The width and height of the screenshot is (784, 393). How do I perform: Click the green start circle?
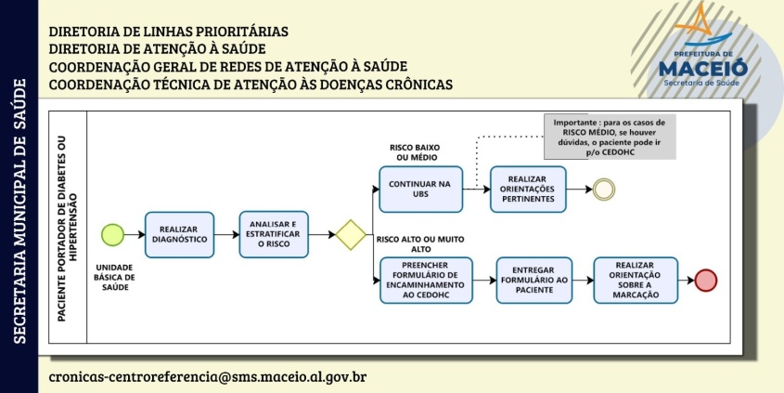112,235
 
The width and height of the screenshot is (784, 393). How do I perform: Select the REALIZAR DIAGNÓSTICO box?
179,235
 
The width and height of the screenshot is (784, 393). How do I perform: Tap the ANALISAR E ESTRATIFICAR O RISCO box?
274,234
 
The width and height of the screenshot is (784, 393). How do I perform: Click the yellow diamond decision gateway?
351,235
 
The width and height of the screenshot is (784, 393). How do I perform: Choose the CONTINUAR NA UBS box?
421,190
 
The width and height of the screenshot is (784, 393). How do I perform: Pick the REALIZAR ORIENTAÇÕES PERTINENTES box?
528,190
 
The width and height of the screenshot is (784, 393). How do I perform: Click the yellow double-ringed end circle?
604,190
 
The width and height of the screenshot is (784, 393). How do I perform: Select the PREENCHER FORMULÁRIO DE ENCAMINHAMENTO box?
426,281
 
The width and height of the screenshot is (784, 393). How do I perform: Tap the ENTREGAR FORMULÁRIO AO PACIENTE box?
534,281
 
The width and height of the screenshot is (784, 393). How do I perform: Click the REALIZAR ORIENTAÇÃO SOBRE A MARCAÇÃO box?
636,281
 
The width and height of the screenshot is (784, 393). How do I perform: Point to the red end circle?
706,281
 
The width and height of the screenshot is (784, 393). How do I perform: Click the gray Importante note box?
610,138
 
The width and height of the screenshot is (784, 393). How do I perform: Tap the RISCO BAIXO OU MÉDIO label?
414,152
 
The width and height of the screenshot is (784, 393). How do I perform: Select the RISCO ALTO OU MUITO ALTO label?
420,243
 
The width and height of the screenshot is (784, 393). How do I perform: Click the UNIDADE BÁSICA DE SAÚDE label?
115,278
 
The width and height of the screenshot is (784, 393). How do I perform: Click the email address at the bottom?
208,376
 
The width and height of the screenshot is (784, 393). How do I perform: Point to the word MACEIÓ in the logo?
703,68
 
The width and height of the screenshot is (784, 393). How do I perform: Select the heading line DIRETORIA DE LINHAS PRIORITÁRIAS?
169,32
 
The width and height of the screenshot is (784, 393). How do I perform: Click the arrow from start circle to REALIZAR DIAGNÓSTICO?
135,235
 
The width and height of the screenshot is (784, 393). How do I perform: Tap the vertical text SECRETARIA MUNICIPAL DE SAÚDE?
19,211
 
